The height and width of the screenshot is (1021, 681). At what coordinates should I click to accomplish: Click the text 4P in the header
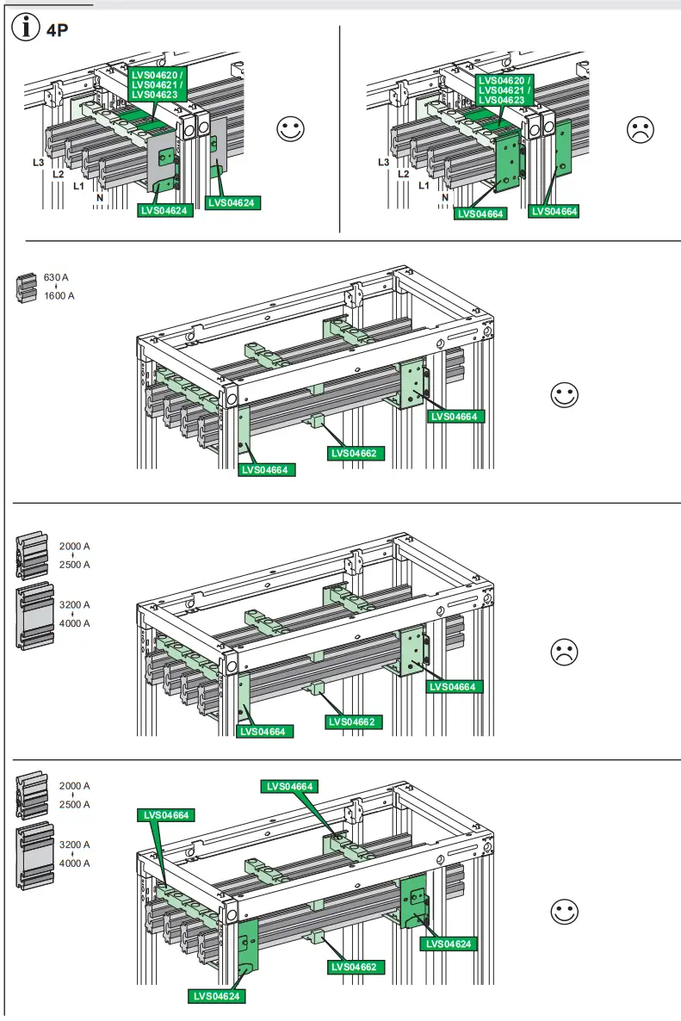58,31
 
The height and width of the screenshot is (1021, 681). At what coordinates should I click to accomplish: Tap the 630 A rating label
56,277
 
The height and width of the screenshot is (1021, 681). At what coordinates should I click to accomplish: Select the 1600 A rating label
59,296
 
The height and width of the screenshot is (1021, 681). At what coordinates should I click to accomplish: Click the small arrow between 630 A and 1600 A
57,287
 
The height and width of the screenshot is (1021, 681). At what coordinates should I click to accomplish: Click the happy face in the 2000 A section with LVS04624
564,913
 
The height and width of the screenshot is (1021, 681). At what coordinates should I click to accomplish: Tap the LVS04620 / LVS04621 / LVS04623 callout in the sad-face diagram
505,90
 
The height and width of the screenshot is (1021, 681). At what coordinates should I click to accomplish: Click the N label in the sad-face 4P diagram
445,197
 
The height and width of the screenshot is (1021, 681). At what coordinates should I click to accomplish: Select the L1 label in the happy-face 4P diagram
77,185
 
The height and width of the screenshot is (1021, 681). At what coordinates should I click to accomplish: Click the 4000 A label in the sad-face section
74,623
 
